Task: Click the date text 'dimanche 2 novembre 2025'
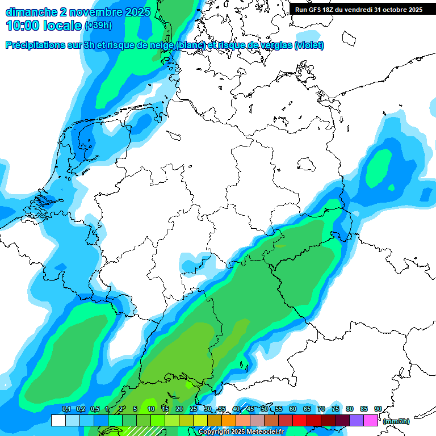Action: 78,12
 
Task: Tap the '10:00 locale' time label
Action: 43,26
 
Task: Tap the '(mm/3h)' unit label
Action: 396,421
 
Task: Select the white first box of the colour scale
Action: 58,421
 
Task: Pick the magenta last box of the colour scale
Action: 371,421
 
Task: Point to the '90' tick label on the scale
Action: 378,409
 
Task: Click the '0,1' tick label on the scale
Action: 66,409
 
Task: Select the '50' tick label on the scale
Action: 265,409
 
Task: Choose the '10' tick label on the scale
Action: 151,409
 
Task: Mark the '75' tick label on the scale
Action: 336,409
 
